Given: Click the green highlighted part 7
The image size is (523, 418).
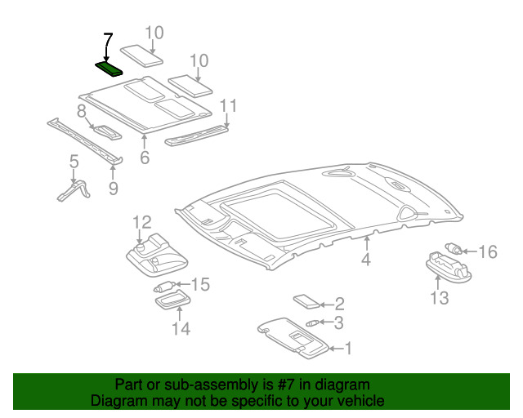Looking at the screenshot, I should click(x=109, y=67).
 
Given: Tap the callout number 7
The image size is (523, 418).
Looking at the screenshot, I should click(x=108, y=41).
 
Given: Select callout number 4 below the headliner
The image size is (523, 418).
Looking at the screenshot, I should click(x=366, y=260).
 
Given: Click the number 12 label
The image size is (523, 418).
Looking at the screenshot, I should click(x=141, y=222).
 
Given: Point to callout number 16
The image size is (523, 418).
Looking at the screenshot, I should click(x=487, y=251).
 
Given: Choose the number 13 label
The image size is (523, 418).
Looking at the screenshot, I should click(x=440, y=298).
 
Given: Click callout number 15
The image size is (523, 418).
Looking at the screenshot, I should click(x=200, y=284).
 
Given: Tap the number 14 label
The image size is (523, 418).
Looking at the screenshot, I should click(x=181, y=328).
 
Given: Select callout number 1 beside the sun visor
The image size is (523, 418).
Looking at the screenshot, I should click(x=347, y=349).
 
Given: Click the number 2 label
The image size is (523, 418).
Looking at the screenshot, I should click(x=338, y=305).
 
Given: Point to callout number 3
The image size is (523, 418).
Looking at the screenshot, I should click(x=338, y=323).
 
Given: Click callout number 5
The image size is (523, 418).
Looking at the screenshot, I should click(x=74, y=162).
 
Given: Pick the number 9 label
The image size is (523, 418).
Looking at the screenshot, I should click(x=113, y=189).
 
